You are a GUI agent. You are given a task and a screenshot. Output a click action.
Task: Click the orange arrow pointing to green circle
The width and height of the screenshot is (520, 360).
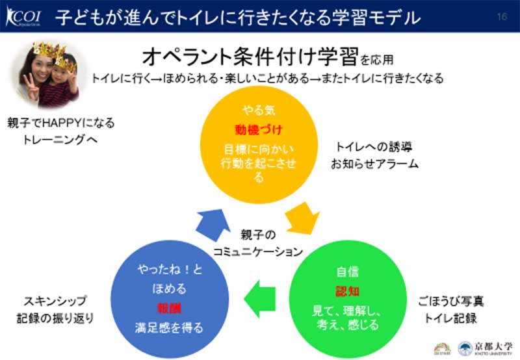[304, 219]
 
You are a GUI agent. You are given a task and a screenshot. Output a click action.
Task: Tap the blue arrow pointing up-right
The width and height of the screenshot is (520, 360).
[211, 224]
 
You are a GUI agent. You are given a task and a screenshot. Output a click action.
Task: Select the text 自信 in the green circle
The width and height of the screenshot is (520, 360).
[348, 272]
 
